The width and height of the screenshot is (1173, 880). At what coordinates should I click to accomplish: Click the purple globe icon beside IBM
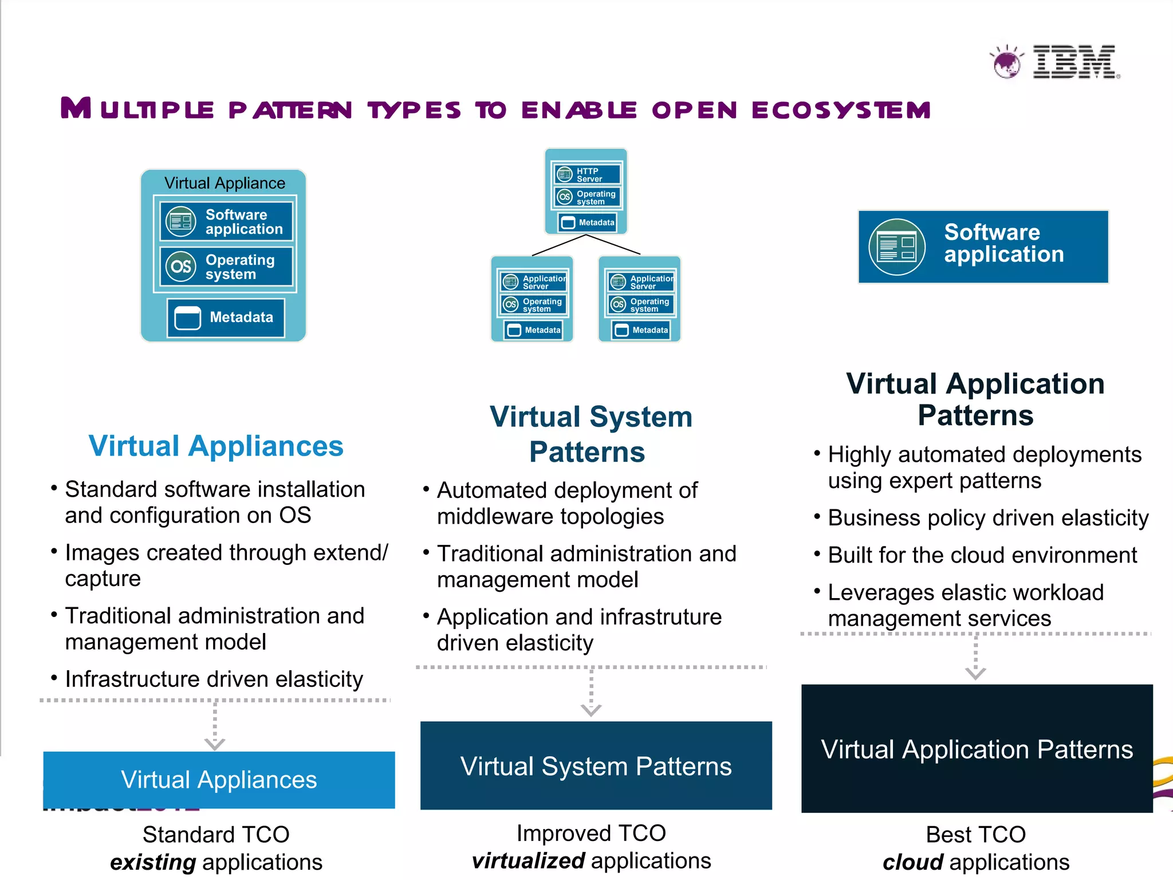tap(1006, 62)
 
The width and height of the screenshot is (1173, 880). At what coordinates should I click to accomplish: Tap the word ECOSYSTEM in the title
tap(841, 110)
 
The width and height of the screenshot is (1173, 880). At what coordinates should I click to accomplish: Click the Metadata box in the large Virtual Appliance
tap(226, 317)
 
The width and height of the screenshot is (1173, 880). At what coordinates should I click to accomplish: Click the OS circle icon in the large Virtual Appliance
tap(181, 266)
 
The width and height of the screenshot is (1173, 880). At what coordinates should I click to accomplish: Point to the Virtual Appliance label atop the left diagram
tap(225, 183)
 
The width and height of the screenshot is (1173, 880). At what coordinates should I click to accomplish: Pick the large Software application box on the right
tap(983, 246)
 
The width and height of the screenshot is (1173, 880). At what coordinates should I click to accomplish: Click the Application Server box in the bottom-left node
tap(533, 282)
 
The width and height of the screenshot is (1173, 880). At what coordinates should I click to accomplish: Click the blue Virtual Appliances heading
tap(216, 446)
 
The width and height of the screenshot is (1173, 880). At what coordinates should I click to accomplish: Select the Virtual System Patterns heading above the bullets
tap(590, 434)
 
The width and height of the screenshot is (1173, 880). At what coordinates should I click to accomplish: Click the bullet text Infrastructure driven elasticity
tap(214, 679)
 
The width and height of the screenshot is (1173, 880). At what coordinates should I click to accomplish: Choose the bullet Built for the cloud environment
tap(982, 555)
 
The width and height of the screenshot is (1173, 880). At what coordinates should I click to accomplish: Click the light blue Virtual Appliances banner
tap(219, 780)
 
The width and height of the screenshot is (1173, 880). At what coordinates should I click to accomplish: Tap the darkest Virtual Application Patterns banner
tap(977, 749)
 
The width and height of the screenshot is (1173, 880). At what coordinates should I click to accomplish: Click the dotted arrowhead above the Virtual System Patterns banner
tap(591, 710)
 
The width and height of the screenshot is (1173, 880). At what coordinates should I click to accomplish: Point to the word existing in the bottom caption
tap(153, 862)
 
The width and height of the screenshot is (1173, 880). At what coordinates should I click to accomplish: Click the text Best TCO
tap(975, 835)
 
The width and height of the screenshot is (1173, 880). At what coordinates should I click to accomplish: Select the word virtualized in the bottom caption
tap(528, 861)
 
